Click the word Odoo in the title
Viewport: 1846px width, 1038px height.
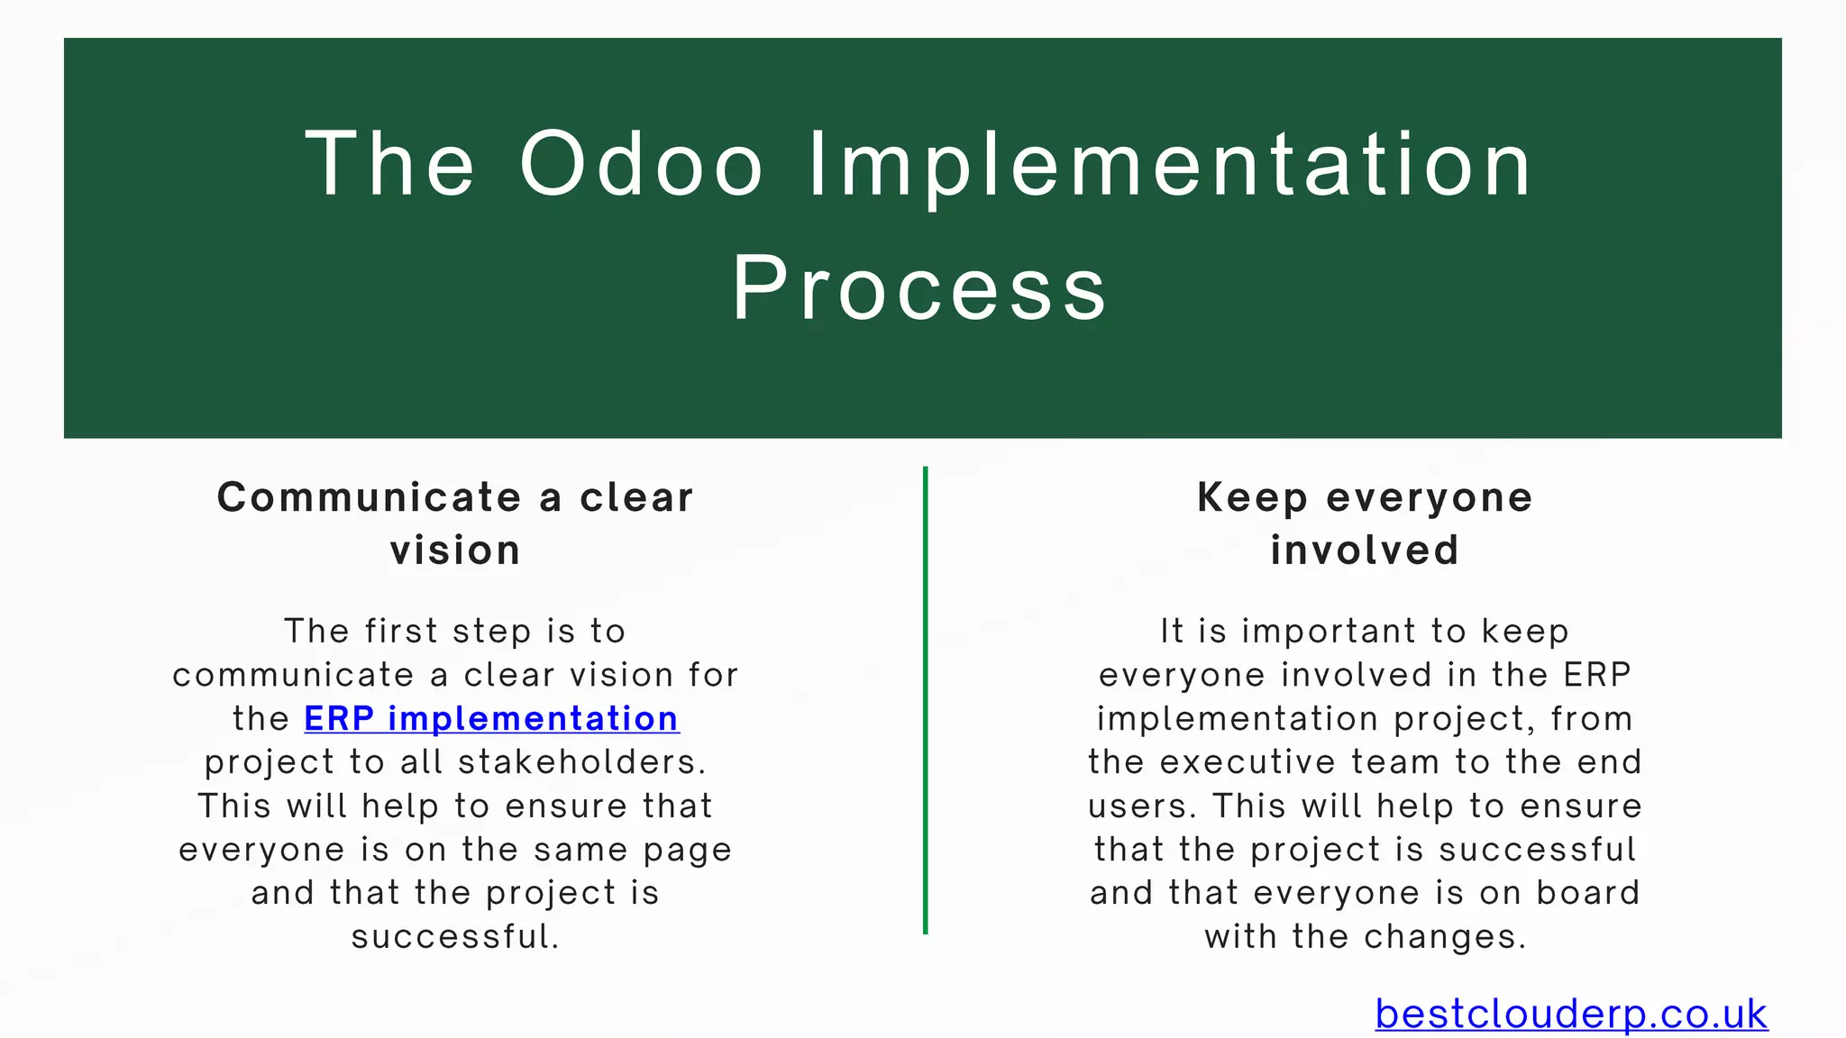(x=642, y=164)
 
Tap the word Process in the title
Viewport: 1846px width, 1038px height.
(x=919, y=288)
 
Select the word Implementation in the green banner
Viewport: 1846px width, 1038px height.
(x=1169, y=164)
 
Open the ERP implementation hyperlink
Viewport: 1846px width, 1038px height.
(x=491, y=718)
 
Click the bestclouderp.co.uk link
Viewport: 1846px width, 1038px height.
(x=1570, y=1014)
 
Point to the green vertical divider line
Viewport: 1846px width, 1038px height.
(x=925, y=699)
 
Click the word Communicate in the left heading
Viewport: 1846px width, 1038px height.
(x=369, y=497)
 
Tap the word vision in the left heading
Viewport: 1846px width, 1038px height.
(x=455, y=550)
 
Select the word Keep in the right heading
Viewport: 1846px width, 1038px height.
(x=1252, y=497)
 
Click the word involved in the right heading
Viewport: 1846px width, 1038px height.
(x=1365, y=550)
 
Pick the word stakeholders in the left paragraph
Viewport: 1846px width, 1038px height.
(x=581, y=762)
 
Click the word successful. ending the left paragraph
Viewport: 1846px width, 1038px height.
(x=455, y=937)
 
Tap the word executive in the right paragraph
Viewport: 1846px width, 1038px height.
(x=1248, y=762)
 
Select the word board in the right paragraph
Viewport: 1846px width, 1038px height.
(x=1587, y=893)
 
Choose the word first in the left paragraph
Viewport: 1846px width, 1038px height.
(x=401, y=631)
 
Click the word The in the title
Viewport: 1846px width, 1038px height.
(x=389, y=164)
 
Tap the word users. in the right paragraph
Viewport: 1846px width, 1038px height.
(x=1142, y=806)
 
